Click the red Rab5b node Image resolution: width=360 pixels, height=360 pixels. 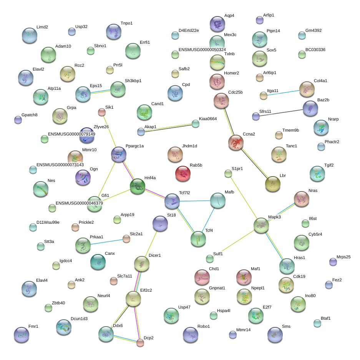coord(183,173)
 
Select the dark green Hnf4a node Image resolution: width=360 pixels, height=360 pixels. coord(138,186)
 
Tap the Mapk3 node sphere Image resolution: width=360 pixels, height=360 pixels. coord(261,225)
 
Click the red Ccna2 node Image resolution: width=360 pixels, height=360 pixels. coord(236,142)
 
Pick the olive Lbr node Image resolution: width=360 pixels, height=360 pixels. coord(273,184)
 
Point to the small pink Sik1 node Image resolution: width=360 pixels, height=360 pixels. coord(101,112)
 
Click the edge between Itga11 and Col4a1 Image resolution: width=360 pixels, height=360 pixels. coord(284,93)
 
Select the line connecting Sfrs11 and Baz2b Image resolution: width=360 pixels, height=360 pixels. coord(281,113)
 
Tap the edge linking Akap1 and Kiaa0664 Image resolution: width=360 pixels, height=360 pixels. coord(168,128)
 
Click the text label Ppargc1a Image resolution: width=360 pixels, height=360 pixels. coord(134,146)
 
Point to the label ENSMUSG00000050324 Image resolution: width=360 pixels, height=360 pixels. coord(202,50)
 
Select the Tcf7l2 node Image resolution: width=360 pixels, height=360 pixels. coord(172,201)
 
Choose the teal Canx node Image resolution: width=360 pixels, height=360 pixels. coord(98,262)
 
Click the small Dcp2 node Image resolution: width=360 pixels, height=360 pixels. coord(140,343)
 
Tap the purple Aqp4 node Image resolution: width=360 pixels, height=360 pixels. coord(217,24)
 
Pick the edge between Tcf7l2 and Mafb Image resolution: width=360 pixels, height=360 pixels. coord(195,201)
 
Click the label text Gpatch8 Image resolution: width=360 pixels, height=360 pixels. coord(30,115)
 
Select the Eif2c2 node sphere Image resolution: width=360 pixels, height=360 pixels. coord(133,299)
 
